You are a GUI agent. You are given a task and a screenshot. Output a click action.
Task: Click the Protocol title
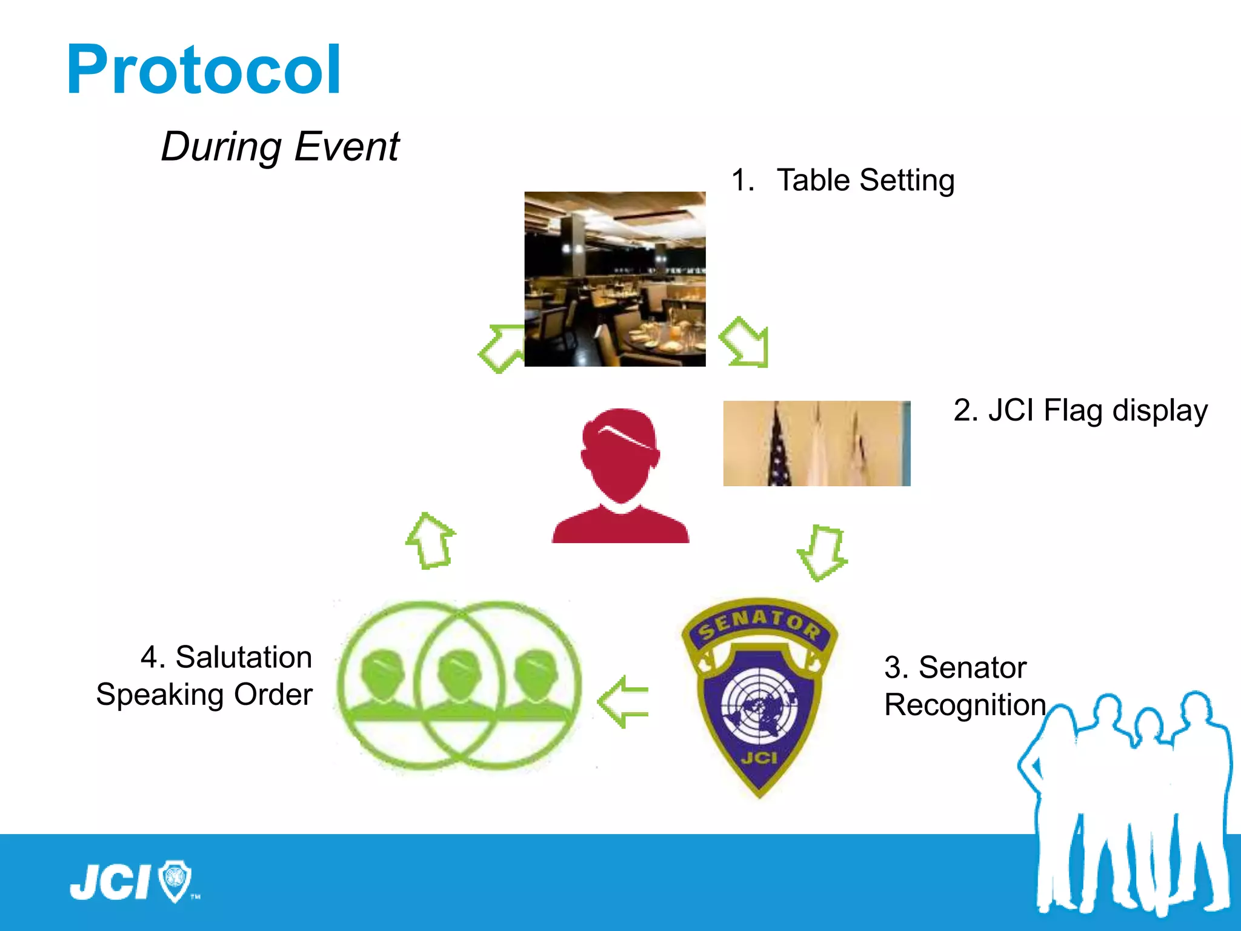pyautogui.click(x=204, y=70)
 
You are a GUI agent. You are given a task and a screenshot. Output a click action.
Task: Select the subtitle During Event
pyautogui.click(x=279, y=147)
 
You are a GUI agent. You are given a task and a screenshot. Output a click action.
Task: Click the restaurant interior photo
pyautogui.click(x=614, y=279)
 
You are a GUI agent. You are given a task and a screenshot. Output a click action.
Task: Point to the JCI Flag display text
pyautogui.click(x=1080, y=411)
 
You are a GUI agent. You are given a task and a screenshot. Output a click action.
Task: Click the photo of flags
pyautogui.click(x=816, y=443)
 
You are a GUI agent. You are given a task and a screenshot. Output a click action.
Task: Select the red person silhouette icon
pyautogui.click(x=620, y=476)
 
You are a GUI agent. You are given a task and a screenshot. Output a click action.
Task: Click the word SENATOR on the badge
pyautogui.click(x=759, y=625)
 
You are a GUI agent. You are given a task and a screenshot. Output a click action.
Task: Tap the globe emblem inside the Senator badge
pyautogui.click(x=759, y=707)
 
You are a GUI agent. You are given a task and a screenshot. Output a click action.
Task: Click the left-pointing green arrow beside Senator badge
pyautogui.click(x=623, y=701)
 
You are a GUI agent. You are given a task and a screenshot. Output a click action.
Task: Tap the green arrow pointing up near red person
pyautogui.click(x=430, y=540)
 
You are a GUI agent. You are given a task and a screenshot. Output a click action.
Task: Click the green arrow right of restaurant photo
pyautogui.click(x=745, y=342)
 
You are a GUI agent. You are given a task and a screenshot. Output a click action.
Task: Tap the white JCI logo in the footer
pyautogui.click(x=110, y=882)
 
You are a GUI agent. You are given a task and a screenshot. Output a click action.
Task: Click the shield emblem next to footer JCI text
pyautogui.click(x=175, y=880)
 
